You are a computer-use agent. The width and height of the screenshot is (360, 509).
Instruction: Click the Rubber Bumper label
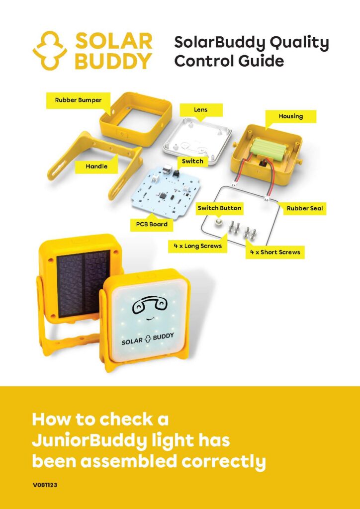[78, 100]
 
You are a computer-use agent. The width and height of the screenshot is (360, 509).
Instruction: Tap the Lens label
[200, 110]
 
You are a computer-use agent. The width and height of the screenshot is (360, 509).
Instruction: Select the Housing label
[290, 116]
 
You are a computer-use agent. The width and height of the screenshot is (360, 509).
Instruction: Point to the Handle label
[96, 166]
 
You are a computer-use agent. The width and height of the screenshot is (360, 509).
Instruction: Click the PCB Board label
[152, 224]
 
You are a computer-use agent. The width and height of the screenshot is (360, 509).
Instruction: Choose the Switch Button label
[219, 208]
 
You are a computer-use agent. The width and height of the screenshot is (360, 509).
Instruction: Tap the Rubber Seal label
[305, 208]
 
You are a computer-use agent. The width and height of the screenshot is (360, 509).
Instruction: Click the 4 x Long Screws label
[198, 246]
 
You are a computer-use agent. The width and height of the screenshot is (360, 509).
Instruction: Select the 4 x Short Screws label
[275, 252]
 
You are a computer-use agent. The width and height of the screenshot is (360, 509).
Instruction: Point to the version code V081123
[45, 486]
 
